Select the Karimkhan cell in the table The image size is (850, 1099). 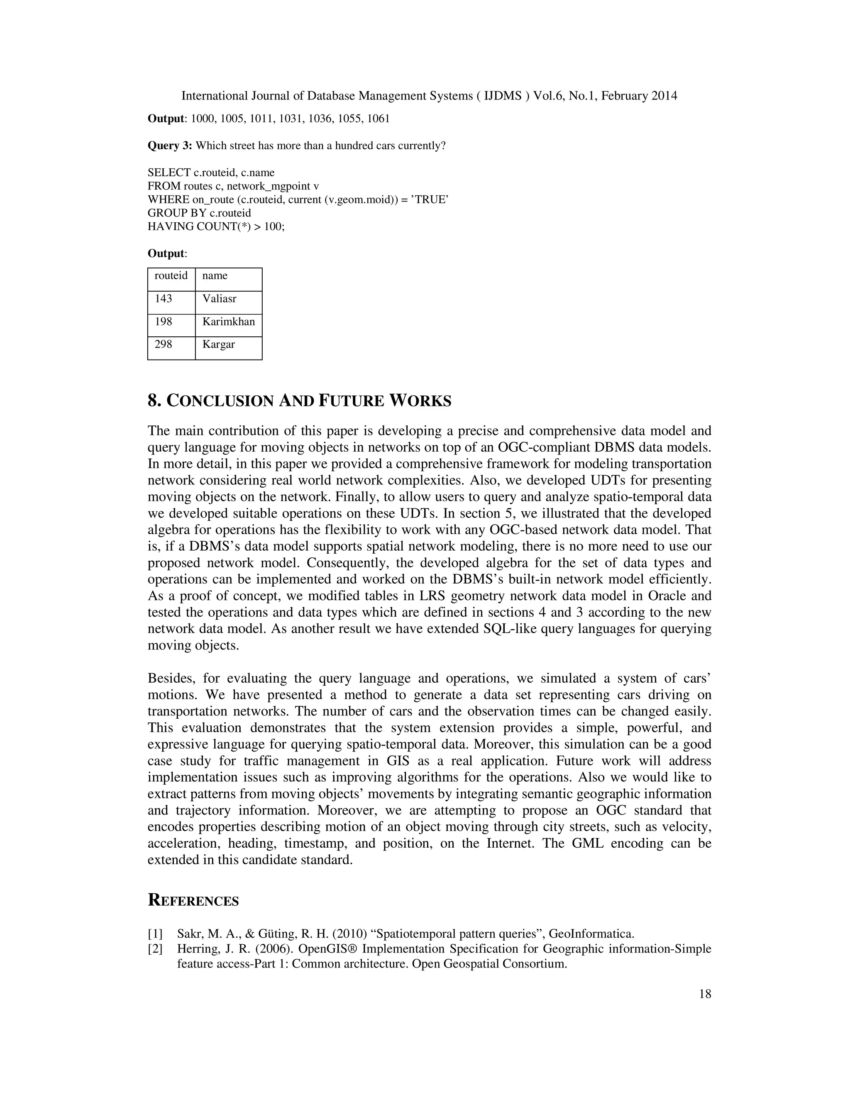pyautogui.click(x=229, y=325)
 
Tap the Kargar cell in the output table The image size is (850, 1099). pyautogui.click(x=229, y=348)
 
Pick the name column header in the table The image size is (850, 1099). pyautogui.click(x=229, y=279)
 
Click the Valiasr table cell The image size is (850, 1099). pyautogui.click(x=229, y=302)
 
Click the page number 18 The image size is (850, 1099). pyautogui.click(x=705, y=994)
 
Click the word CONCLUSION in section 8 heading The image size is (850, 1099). pyautogui.click(x=220, y=401)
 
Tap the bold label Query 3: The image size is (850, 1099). pyautogui.click(x=170, y=146)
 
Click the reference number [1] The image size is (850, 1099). pyautogui.click(x=155, y=934)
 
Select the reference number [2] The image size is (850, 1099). pyautogui.click(x=155, y=949)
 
